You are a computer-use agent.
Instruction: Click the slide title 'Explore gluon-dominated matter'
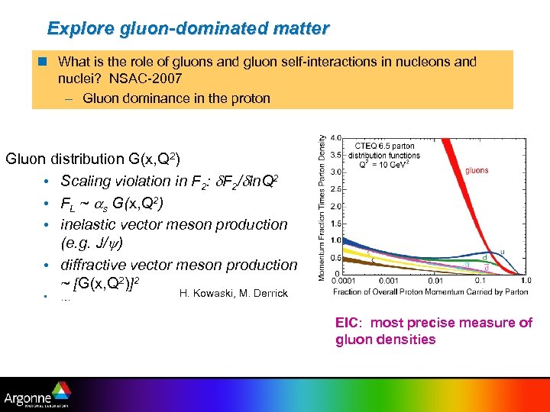click(188, 29)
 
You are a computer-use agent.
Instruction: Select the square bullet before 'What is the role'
click(47, 62)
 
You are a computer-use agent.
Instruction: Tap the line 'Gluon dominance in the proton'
click(176, 98)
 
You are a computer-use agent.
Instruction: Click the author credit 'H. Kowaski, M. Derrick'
click(233, 294)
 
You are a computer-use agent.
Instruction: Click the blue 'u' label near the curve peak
click(502, 253)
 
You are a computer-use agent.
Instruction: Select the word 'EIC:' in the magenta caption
click(351, 323)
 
